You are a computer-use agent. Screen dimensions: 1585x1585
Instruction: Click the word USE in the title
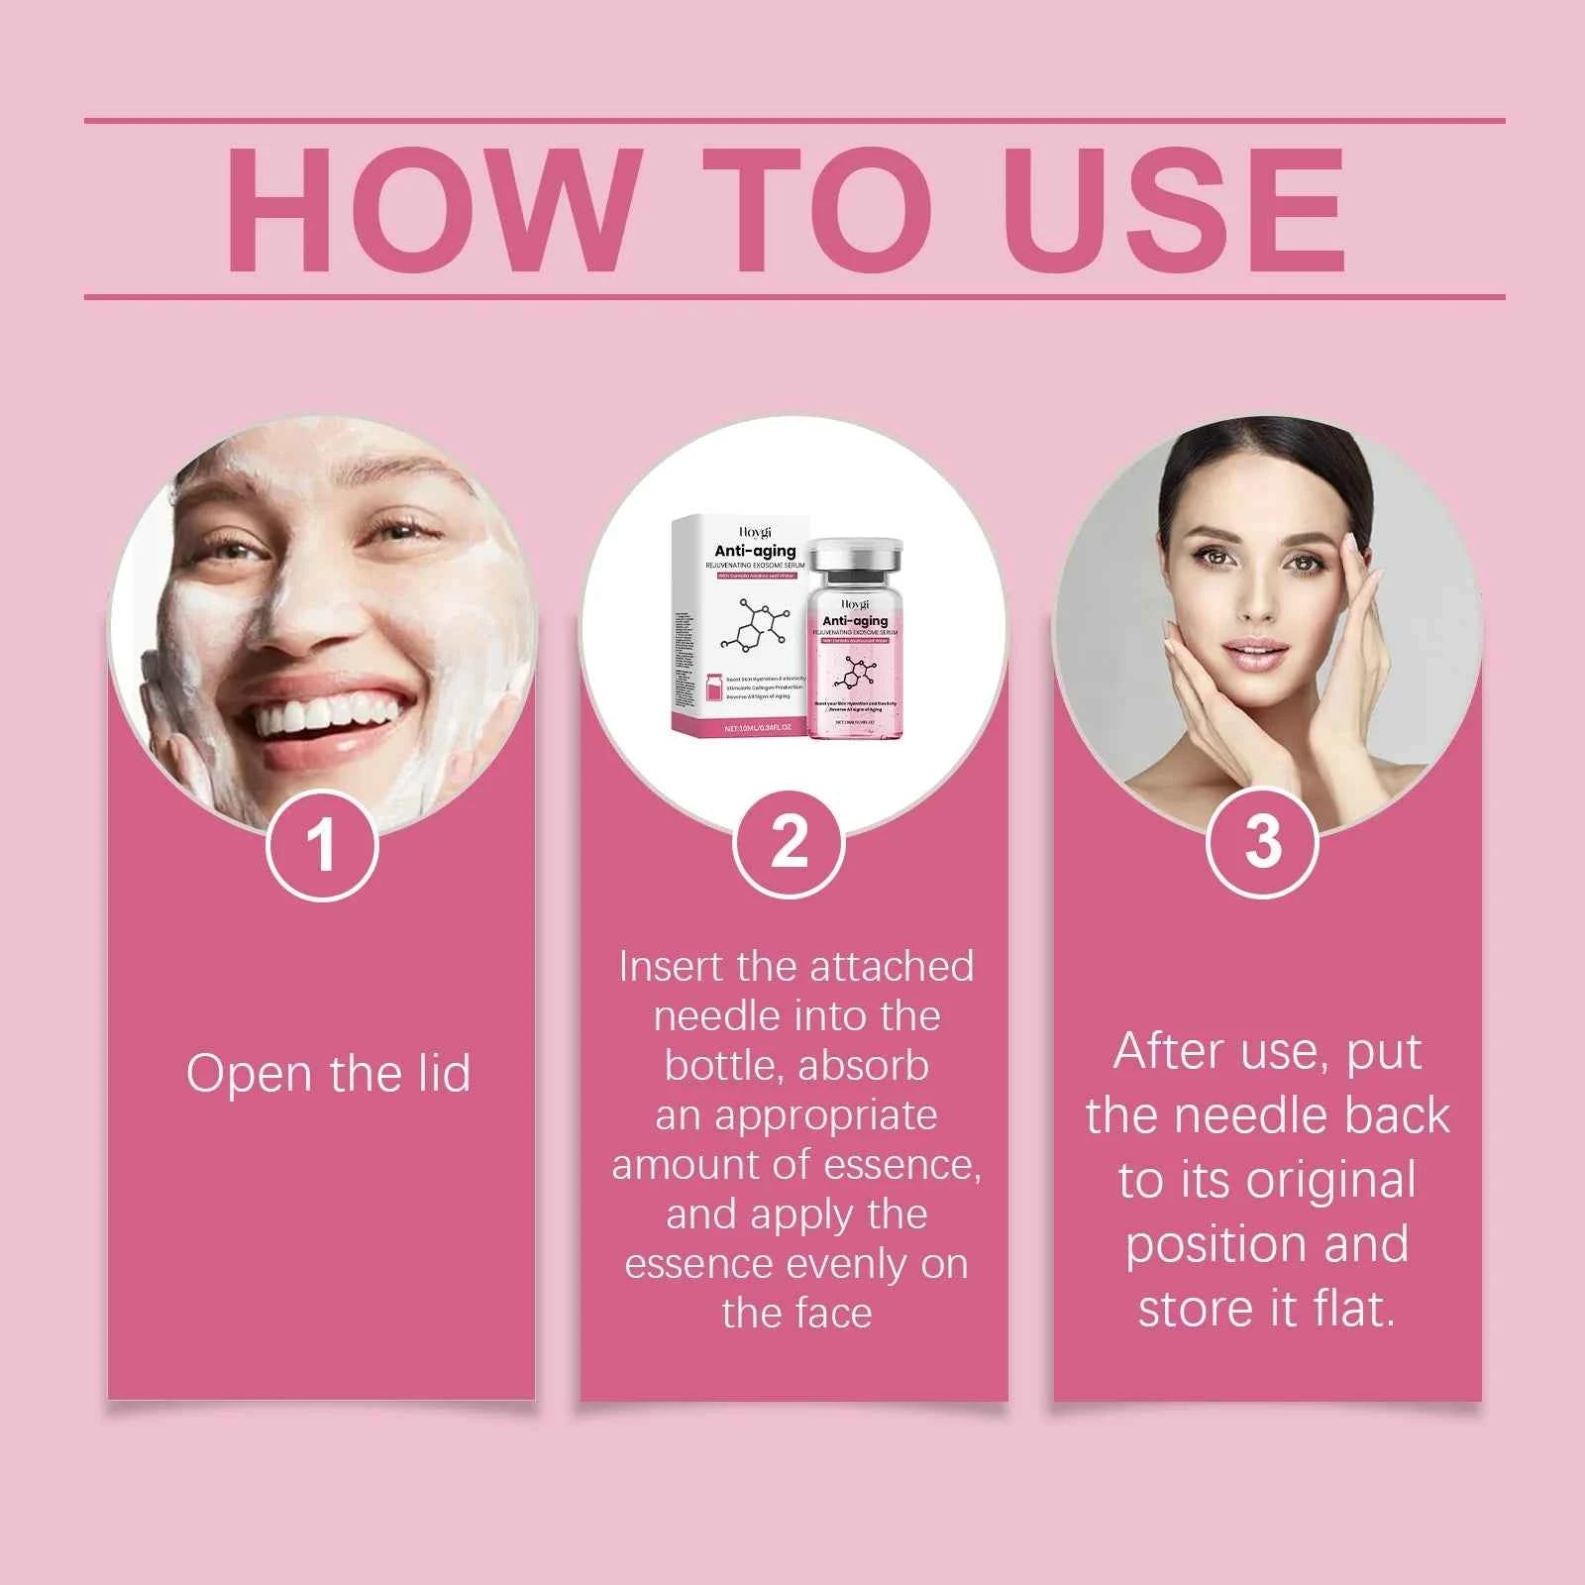(1176, 210)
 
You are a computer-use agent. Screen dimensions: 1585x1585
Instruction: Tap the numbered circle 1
(321, 848)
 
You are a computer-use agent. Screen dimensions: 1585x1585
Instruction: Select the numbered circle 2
(789, 843)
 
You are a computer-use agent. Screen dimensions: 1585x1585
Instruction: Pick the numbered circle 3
(1262, 843)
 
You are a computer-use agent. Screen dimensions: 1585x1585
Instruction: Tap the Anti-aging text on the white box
(755, 551)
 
